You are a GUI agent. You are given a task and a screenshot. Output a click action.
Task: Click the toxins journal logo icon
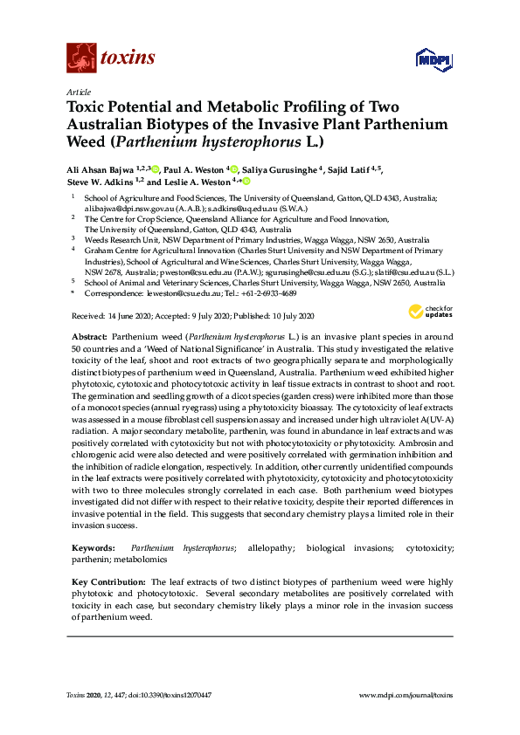(x=80, y=58)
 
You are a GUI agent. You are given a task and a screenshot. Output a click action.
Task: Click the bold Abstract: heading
(x=89, y=336)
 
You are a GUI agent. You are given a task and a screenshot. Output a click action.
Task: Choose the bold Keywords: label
(x=94, y=547)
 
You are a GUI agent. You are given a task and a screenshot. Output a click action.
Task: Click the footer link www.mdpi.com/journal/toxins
(x=406, y=694)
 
